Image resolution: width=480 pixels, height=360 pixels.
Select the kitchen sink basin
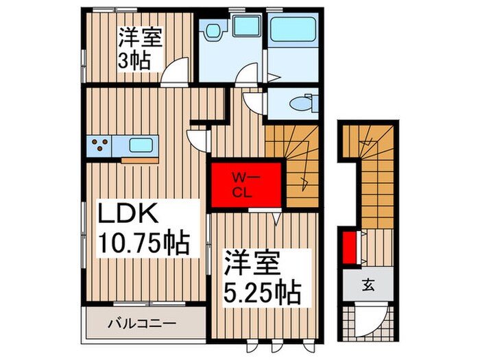(x=140, y=146)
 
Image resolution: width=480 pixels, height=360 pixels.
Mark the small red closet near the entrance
(x=348, y=248)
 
